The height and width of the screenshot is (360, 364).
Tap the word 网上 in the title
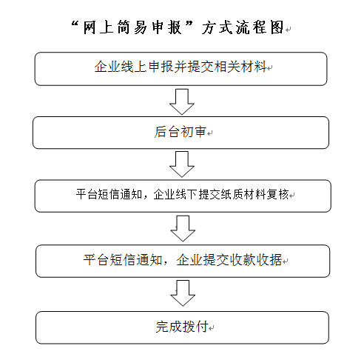point(98,27)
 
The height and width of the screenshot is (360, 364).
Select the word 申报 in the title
point(167,27)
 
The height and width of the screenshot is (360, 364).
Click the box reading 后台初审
point(181,133)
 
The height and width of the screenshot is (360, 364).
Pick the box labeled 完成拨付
point(182,327)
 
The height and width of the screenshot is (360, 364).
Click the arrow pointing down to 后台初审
point(182,101)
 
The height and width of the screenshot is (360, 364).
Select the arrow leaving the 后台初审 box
point(182,164)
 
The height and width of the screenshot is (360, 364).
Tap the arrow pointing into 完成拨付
point(183,293)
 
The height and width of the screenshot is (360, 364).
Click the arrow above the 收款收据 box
point(183,228)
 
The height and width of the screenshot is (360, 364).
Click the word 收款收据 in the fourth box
point(255,260)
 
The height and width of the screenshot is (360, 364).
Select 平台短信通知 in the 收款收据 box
point(123,260)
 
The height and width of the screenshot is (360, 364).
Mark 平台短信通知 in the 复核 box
point(109,194)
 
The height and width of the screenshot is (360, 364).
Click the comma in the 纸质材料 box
point(146,198)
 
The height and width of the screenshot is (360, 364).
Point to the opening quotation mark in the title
point(75,24)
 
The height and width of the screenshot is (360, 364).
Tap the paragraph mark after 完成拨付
point(212,328)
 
